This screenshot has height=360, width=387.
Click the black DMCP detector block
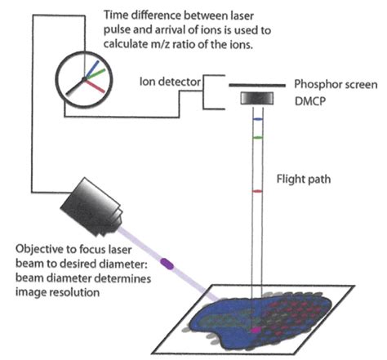coord(257,99)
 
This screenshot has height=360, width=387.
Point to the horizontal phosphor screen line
coord(257,85)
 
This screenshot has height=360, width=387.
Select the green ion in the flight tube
coord(257,138)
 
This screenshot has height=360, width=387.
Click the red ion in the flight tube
coord(257,190)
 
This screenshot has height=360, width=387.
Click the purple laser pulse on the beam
coord(167,263)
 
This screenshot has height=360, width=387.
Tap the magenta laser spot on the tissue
coord(257,328)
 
